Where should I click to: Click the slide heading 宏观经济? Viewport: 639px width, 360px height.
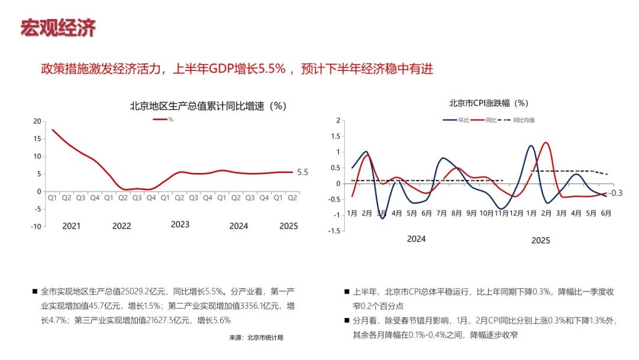click(58, 28)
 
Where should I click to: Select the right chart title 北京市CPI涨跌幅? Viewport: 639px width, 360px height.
click(488, 102)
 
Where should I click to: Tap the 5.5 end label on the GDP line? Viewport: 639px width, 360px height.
click(302, 172)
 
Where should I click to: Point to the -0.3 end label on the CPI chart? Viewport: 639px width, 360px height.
click(617, 193)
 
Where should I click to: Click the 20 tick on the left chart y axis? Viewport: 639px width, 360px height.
click(37, 121)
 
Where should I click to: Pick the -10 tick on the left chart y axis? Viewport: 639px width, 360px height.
click(35, 226)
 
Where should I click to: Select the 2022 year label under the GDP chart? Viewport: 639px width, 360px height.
click(121, 226)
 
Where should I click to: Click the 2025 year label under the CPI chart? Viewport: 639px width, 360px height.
click(540, 240)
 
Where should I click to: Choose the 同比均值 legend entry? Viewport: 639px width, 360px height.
click(523, 120)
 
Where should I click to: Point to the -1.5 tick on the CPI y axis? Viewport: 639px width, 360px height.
click(335, 231)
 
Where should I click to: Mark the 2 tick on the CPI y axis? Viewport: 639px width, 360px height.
click(338, 120)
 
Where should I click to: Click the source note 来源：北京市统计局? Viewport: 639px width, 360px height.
click(256, 337)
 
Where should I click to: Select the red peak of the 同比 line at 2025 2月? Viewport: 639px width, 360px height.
click(545, 143)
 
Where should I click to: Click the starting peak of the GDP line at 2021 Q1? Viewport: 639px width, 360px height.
click(53, 130)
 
